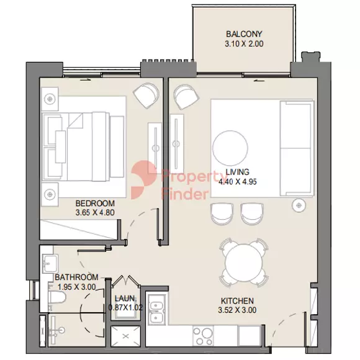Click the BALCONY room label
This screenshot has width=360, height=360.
pyautogui.click(x=244, y=34)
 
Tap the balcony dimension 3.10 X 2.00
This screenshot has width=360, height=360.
pyautogui.click(x=244, y=43)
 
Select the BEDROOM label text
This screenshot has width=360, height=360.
pyautogui.click(x=95, y=204)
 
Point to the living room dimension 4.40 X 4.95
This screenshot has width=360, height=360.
pyautogui.click(x=237, y=182)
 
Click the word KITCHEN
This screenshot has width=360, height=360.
pyautogui.click(x=237, y=301)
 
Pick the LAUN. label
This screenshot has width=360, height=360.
pyautogui.click(x=125, y=299)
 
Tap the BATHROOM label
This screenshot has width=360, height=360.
pyautogui.click(x=76, y=277)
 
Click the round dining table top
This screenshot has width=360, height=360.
pyautogui.click(x=243, y=262)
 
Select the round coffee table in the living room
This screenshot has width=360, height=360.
pyautogui.click(x=230, y=148)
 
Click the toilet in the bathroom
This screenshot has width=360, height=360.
pyautogui.click(x=57, y=298)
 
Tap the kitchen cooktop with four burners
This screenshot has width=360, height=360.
pyautogui.click(x=203, y=336)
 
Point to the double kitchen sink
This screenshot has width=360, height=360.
pyautogui.click(x=156, y=310)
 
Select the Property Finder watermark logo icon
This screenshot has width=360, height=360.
pyautogui.click(x=143, y=180)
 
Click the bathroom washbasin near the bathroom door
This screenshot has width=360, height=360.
pyautogui.click(x=50, y=263)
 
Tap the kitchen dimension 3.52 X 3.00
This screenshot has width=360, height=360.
pyautogui.click(x=237, y=310)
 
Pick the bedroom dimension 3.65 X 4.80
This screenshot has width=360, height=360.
pyautogui.click(x=95, y=213)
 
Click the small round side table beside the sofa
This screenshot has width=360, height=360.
pyautogui.click(x=299, y=205)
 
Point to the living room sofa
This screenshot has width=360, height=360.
pyautogui.click(x=297, y=148)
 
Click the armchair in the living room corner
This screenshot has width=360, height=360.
pyautogui.click(x=186, y=97)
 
